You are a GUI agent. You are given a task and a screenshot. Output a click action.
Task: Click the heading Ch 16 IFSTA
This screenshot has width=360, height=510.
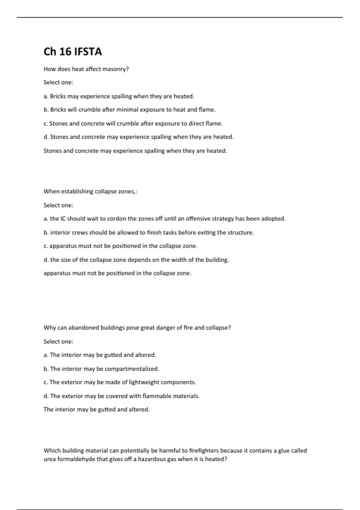pos(73,52)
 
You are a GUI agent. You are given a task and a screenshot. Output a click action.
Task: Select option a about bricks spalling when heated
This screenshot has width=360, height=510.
pos(119,96)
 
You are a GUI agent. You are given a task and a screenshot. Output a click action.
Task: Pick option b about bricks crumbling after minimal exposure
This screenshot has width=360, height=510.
pos(130,110)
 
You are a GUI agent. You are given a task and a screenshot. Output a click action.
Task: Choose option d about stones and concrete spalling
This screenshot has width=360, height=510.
pos(138,137)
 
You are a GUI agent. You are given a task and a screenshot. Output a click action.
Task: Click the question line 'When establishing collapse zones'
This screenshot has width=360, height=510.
pos(90,191)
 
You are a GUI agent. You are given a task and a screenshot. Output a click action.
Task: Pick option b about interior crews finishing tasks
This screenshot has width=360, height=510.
pos(148,232)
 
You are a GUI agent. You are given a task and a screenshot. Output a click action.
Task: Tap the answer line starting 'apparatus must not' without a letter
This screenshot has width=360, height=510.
pos(117,273)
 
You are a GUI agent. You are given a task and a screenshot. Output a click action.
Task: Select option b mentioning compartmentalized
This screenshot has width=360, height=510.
pos(101,369)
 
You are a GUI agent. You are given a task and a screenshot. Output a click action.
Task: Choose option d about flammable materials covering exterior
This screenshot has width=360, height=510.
pos(121,396)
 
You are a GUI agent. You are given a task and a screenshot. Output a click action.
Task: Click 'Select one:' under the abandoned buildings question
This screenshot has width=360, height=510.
pos(58,341)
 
